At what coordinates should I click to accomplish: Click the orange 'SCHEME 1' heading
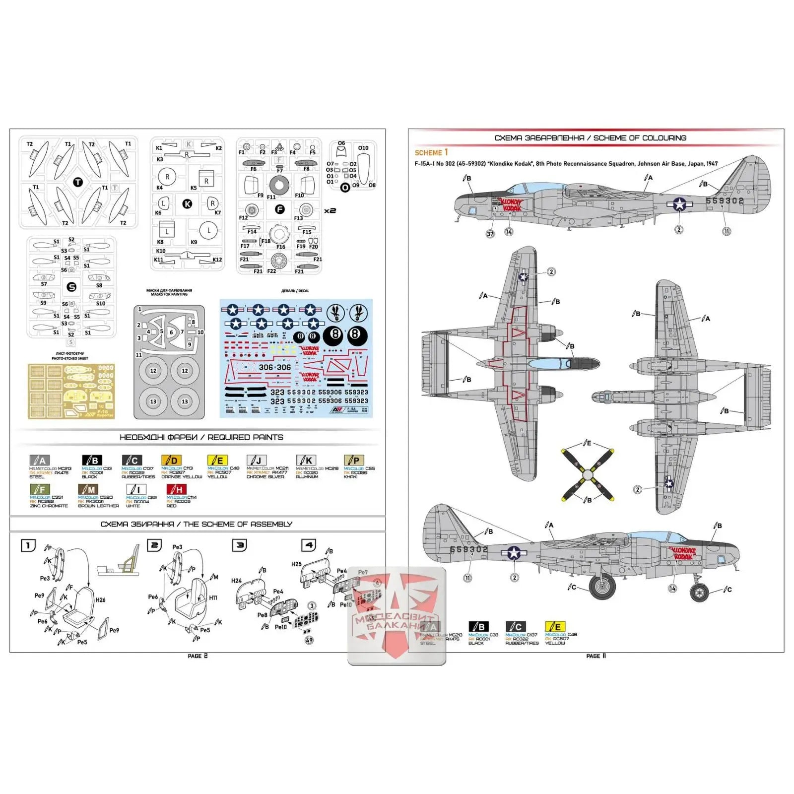431,152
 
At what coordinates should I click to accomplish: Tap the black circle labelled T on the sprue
78,183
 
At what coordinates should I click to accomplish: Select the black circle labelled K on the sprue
187,203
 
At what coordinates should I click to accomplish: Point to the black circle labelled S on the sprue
71,287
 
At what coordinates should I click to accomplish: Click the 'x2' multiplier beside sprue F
330,211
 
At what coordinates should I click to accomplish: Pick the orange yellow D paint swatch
171,460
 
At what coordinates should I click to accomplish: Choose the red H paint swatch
176,489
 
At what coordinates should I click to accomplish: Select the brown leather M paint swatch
88,489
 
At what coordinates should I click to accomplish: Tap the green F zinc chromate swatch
40,489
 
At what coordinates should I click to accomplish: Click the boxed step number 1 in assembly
28,545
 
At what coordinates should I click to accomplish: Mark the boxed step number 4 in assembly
309,545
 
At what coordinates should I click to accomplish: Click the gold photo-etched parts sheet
71,391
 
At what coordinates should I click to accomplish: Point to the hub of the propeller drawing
588,475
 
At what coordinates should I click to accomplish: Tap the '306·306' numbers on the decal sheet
274,367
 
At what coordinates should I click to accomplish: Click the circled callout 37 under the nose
490,234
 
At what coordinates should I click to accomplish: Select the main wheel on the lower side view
602,586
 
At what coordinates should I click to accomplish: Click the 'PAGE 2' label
198,656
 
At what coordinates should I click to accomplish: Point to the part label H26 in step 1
100,600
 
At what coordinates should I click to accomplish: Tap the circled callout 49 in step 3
309,640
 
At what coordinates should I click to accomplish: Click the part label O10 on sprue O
363,148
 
